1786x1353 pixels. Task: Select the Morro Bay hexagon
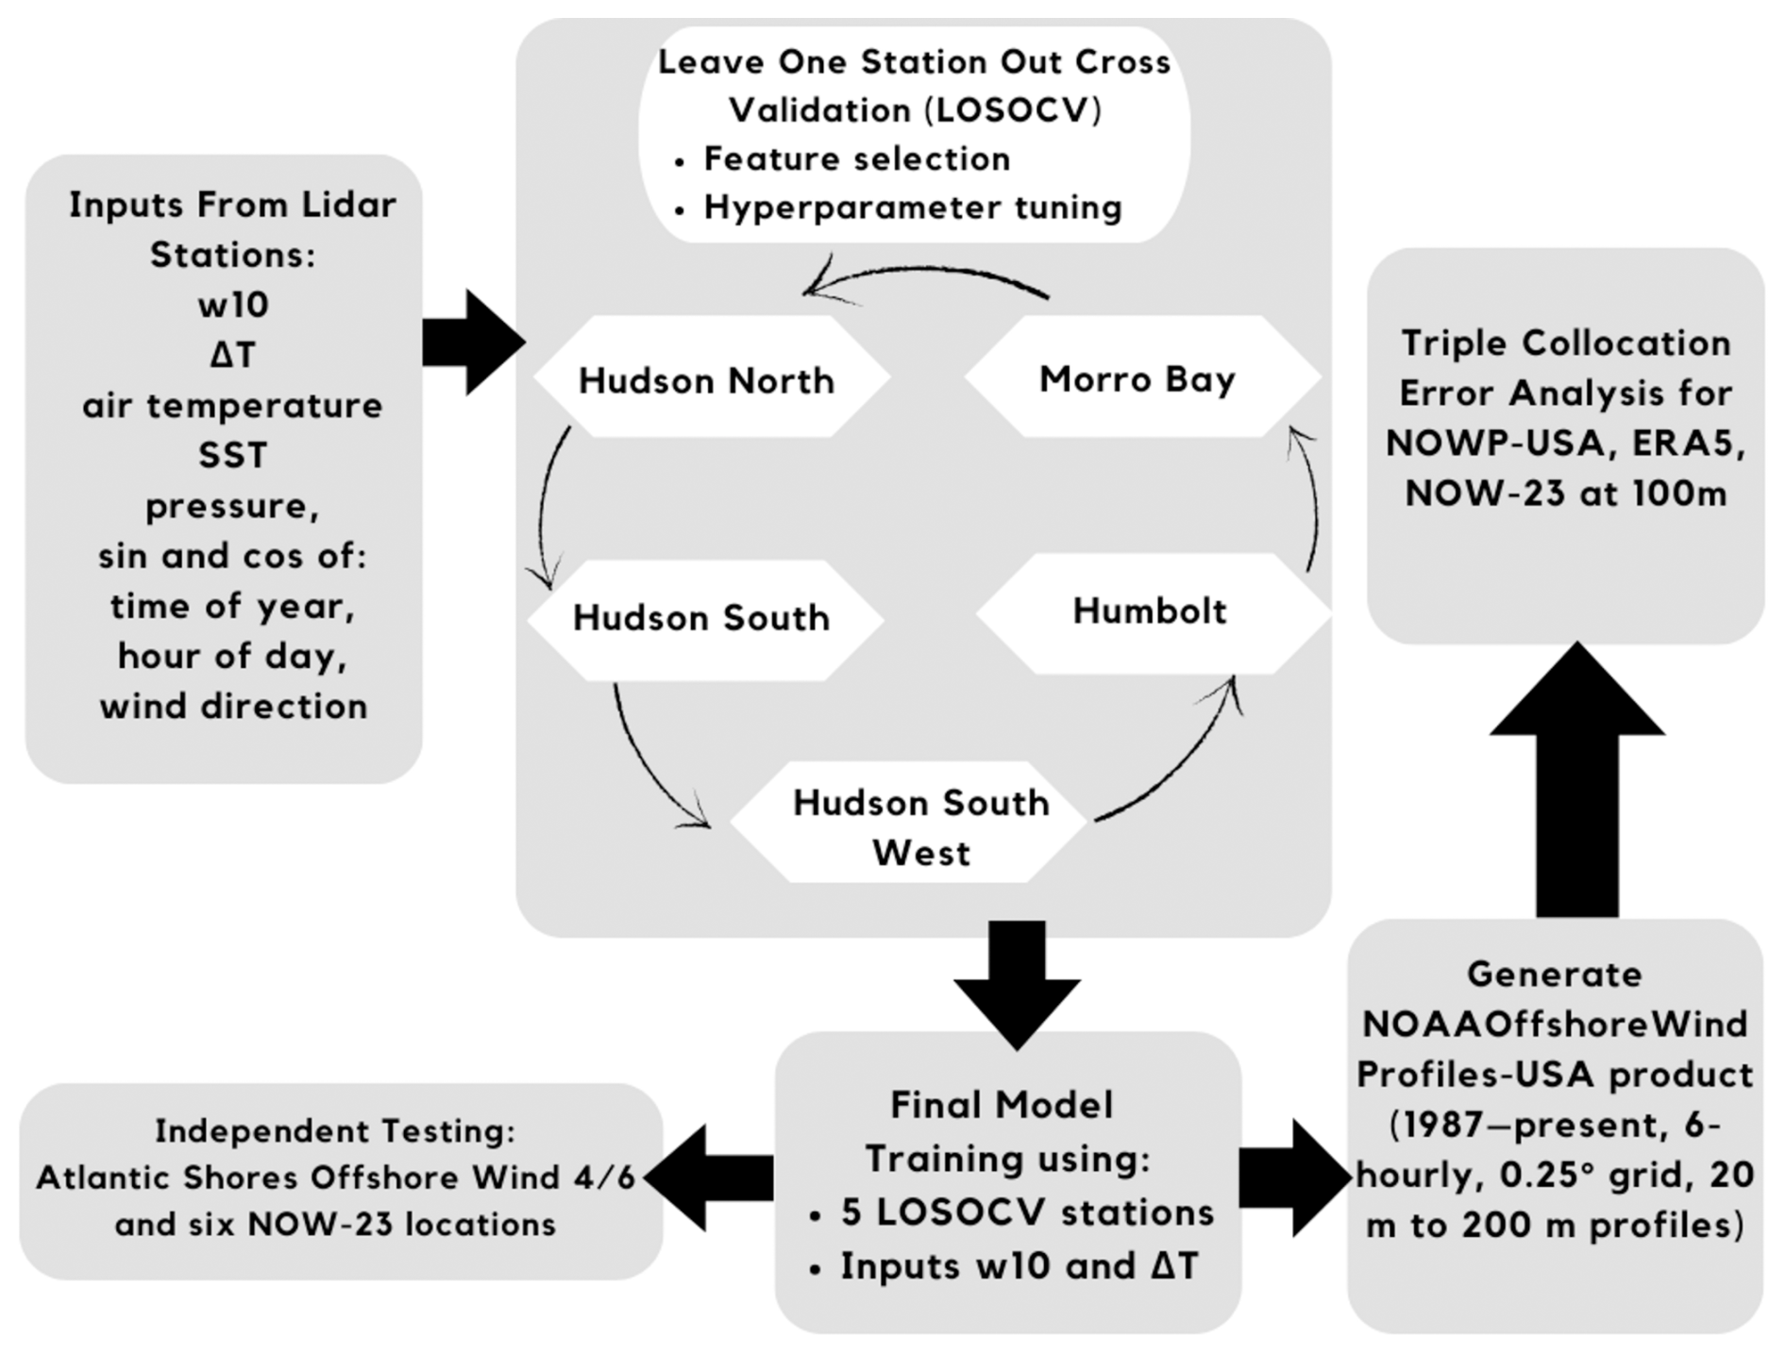point(1140,378)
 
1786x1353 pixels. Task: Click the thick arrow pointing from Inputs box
point(473,342)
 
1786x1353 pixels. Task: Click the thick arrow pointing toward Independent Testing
point(708,1177)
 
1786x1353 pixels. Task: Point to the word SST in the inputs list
point(232,456)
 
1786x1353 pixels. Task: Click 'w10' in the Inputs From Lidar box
point(233,305)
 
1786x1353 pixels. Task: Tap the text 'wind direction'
point(233,706)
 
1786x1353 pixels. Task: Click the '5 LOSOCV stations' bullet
point(1027,1212)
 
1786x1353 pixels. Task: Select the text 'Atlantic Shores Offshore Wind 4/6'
point(336,1178)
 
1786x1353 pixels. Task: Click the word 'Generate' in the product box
point(1554,974)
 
